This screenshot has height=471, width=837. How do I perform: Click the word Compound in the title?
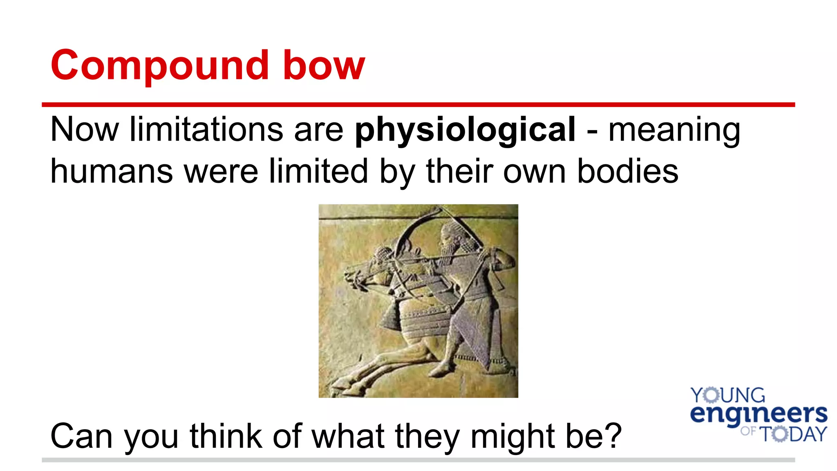click(159, 65)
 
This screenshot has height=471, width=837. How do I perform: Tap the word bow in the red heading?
click(324, 65)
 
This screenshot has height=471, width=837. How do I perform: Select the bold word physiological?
click(465, 130)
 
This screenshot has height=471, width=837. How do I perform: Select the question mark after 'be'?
click(613, 436)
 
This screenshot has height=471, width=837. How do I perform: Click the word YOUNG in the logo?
click(727, 395)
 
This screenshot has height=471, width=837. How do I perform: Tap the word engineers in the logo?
click(759, 414)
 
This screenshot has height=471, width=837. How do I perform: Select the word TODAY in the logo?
click(793, 434)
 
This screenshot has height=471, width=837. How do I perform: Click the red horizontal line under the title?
click(418, 105)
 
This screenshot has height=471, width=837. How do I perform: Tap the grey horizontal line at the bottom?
click(418, 460)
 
